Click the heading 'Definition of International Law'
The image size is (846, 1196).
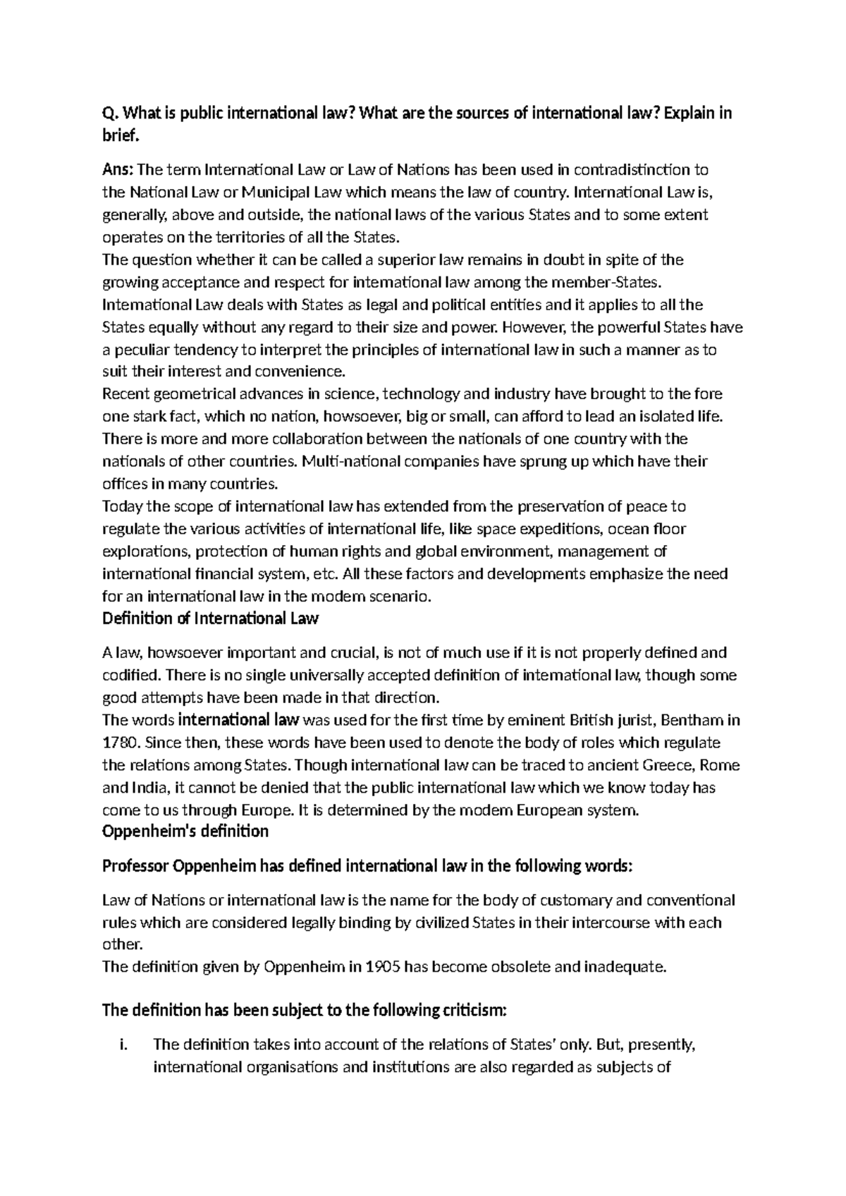[210, 619]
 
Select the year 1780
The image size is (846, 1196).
[118, 743]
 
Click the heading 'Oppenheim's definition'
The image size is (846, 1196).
[185, 832]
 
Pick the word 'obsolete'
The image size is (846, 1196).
[520, 967]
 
